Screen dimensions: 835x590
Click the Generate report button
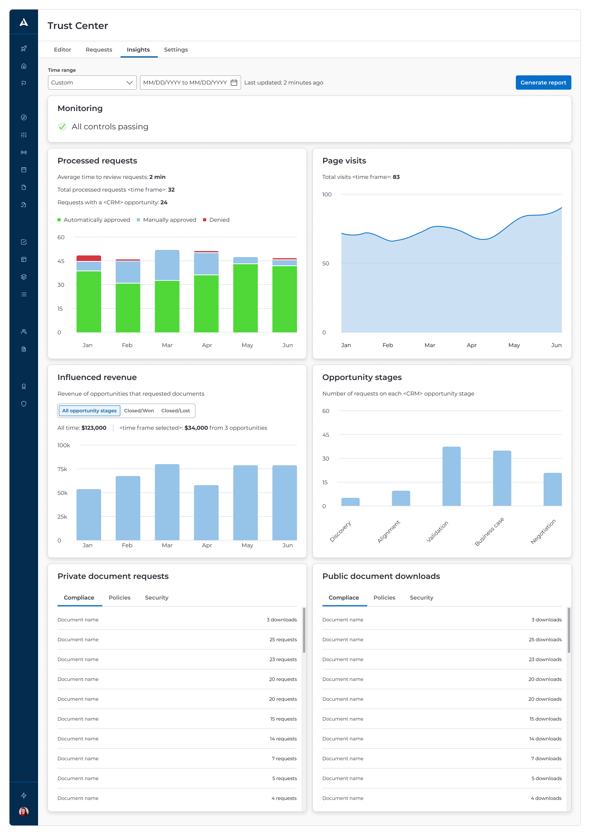[543, 83]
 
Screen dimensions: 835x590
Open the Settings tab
[176, 50]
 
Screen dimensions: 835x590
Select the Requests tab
[99, 50]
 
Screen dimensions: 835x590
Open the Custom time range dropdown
[92, 83]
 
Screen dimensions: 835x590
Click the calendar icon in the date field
[234, 83]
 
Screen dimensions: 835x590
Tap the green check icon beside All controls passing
[62, 127]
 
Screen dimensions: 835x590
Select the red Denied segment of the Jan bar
[89, 258]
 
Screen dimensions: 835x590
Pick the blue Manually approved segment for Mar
[167, 265]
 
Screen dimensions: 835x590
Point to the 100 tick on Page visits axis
[327, 194]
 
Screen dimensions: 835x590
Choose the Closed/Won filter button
[139, 411]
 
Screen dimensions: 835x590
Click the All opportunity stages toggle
[89, 411]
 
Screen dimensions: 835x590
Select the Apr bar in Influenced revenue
[206, 512]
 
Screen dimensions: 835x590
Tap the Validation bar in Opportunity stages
[451, 476]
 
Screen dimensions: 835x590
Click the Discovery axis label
[341, 532]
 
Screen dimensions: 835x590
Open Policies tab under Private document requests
[119, 597]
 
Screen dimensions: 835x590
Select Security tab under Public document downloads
[421, 597]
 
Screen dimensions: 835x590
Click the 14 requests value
[283, 739]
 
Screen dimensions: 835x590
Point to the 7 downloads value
[546, 758]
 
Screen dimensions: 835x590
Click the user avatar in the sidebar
[24, 812]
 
